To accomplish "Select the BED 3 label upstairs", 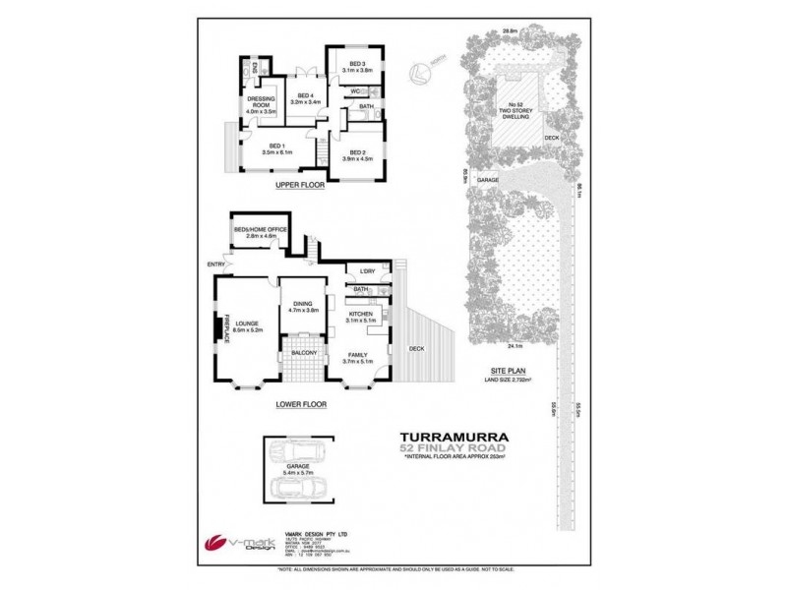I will [x=356, y=64].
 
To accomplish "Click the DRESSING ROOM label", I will [x=260, y=102].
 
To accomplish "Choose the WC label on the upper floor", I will [x=354, y=91].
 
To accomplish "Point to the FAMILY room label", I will [x=362, y=356].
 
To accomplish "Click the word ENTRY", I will [x=215, y=263].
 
